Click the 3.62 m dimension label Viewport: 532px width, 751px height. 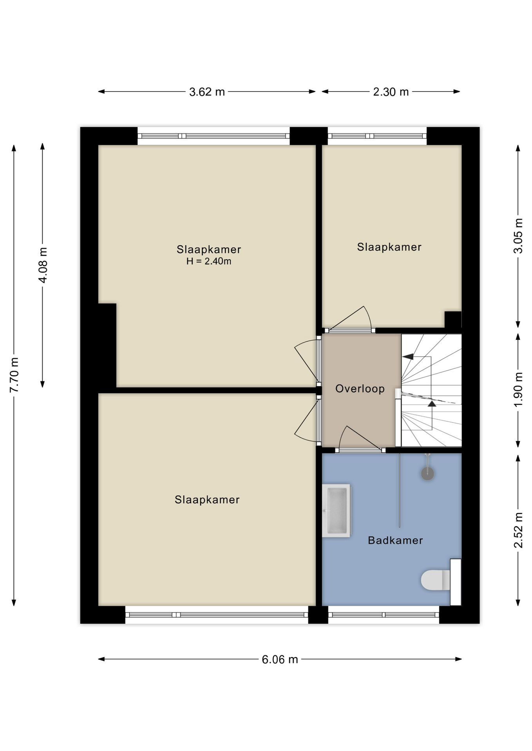pos(207,92)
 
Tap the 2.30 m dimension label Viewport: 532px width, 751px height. pos(391,92)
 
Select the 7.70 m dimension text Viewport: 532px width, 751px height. pos(14,375)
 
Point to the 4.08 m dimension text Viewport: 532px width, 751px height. pos(43,265)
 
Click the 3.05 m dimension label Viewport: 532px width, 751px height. pos(518,236)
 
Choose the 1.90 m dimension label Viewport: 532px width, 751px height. pos(518,390)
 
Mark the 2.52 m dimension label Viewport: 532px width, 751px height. pos(518,530)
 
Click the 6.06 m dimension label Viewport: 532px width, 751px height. pos(280,659)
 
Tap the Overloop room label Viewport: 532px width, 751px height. pos(360,389)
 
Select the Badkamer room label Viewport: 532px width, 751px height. pos(395,541)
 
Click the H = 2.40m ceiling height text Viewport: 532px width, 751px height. pos(209,261)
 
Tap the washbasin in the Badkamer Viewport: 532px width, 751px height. pos(336,510)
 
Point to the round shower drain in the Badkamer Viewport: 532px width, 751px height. pos(427,474)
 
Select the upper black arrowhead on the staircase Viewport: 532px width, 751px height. pos(408,356)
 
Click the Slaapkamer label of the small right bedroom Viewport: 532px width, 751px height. pos(389,247)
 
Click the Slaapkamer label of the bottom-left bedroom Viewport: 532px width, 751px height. pos(207,500)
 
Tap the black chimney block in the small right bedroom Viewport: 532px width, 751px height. pos(453,320)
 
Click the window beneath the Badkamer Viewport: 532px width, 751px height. pos(384,615)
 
